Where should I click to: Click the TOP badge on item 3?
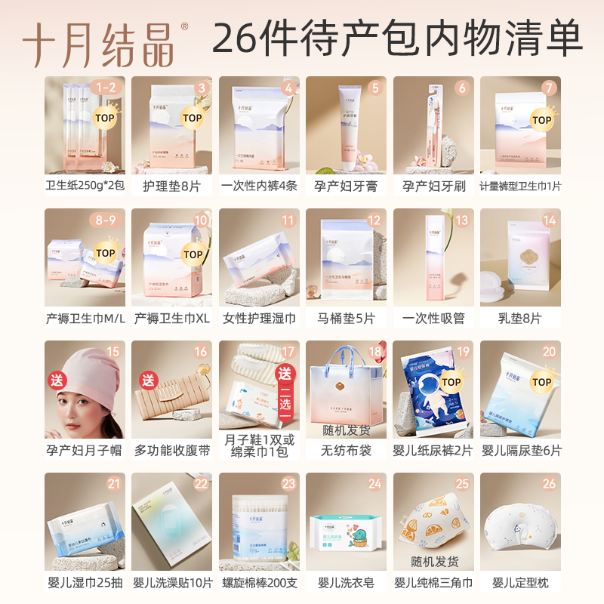(x=192, y=118)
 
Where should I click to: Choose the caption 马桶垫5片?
(x=346, y=319)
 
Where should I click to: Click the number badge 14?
(x=549, y=220)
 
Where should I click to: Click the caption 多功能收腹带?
(x=171, y=451)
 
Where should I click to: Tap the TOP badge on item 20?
(x=541, y=382)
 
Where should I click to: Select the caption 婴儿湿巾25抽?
(x=84, y=583)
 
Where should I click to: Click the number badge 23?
(x=288, y=484)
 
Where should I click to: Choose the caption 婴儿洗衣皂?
(x=346, y=583)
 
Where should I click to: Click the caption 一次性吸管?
(x=433, y=319)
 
